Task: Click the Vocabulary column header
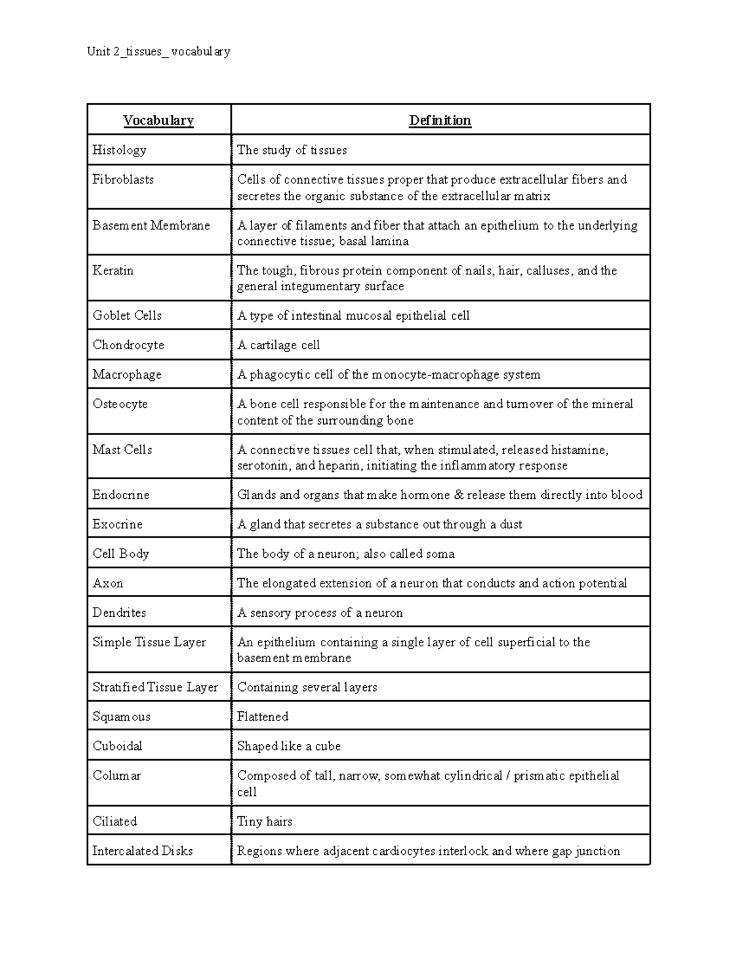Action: [158, 120]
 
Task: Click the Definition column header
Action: [440, 120]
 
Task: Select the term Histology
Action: [119, 150]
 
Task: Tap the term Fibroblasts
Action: [123, 180]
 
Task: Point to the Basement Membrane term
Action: [151, 225]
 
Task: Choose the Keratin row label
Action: [113, 271]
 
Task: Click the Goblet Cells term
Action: [127, 315]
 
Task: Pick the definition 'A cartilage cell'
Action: [278, 345]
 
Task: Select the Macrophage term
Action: [127, 374]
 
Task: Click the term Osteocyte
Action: [120, 404]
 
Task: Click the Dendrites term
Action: [119, 612]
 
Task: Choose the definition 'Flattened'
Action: [263, 717]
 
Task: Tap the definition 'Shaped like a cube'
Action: [289, 746]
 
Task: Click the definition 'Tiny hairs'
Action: [264, 822]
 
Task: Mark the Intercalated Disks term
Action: [142, 851]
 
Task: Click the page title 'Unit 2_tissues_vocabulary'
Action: [159, 52]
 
